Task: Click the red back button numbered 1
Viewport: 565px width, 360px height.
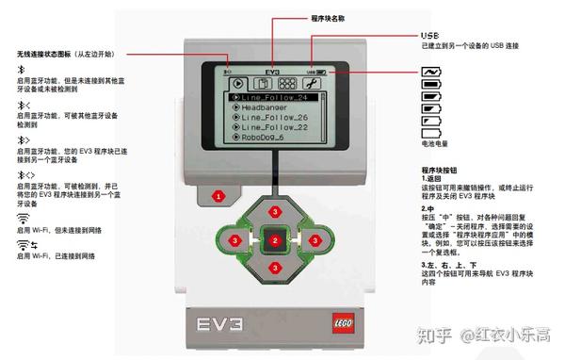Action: coord(218,197)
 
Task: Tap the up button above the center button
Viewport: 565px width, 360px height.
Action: coord(274,213)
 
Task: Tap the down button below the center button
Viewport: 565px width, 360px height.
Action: coord(274,268)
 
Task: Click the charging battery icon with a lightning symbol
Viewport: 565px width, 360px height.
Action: coord(431,71)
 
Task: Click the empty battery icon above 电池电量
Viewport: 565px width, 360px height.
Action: coord(431,133)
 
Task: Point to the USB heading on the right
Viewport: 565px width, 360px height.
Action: coord(429,35)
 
